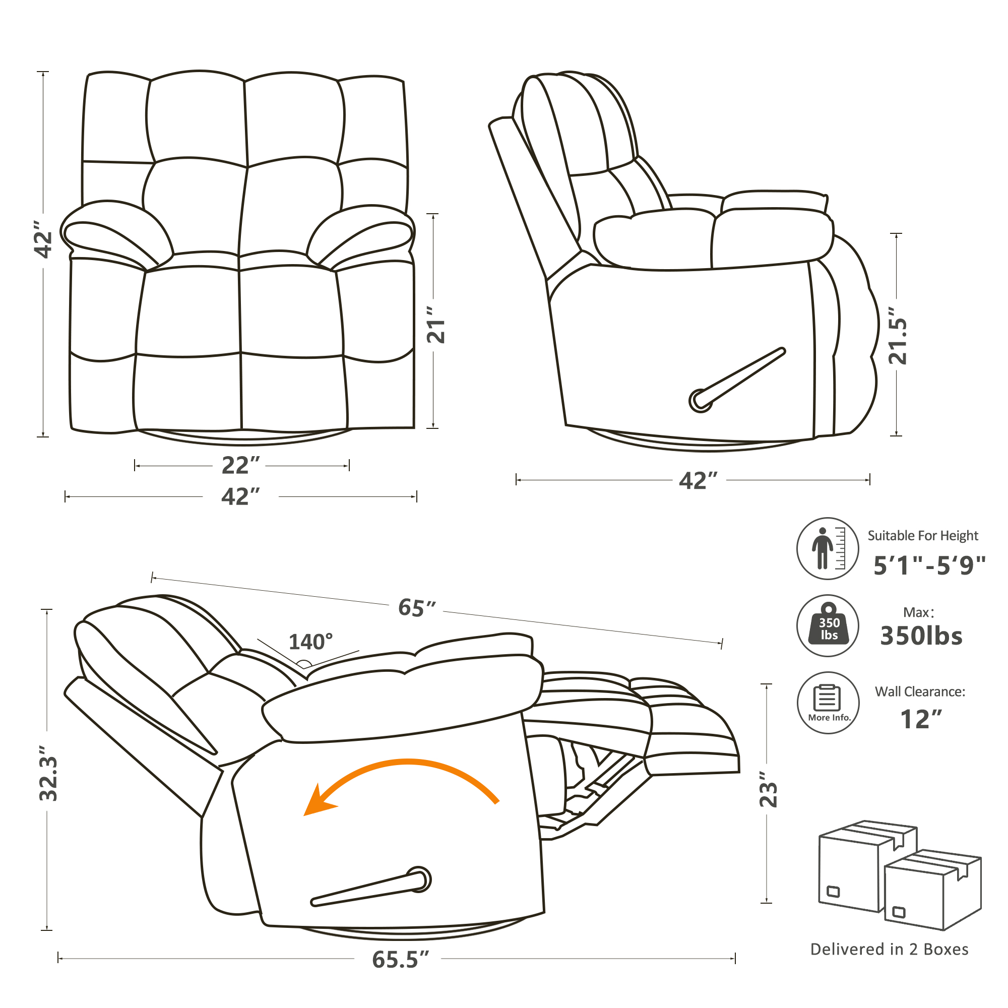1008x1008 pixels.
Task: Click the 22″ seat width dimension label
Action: click(240, 465)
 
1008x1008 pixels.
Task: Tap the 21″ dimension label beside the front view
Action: click(436, 325)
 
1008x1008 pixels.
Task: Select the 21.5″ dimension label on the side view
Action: click(898, 336)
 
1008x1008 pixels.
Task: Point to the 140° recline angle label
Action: click(310, 642)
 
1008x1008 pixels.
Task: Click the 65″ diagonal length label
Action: click(417, 608)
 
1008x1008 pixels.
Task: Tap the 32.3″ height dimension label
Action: click(48, 774)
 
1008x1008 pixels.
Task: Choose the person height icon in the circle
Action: click(828, 548)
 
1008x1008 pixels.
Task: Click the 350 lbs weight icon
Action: click(828, 625)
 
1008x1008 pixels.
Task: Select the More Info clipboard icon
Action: click(828, 703)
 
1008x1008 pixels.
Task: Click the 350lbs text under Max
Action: click(921, 637)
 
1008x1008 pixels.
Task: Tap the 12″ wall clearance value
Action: click(921, 720)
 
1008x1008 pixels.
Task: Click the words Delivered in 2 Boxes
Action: click(889, 949)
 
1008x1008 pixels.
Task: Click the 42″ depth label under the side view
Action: click(698, 480)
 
